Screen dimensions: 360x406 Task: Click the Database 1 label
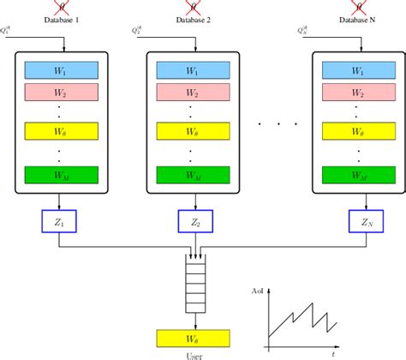tap(57, 21)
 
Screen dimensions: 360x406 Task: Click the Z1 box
tap(58, 223)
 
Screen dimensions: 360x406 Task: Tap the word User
tap(196, 355)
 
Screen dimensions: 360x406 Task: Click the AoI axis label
tap(256, 291)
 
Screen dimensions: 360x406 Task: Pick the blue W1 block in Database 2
tap(196, 71)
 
